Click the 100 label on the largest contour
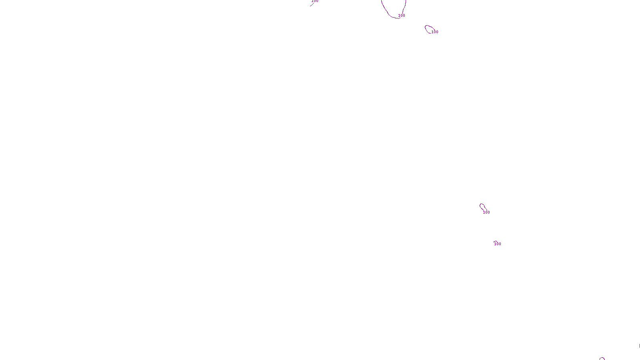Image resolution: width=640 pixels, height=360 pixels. pos(402,16)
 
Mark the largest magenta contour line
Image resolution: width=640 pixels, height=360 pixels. pos(384,9)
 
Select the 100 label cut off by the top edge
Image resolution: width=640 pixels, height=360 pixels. pos(315,1)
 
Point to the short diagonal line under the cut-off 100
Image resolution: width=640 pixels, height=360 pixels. pos(312,4)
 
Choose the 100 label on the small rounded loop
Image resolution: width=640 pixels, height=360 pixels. pos(435,32)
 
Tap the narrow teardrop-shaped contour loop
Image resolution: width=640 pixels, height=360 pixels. pos(482,206)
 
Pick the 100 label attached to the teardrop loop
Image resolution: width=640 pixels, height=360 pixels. pos(486,212)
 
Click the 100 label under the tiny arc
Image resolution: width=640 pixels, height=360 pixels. pos(498,244)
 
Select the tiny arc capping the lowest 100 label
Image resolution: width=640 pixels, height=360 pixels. pos(496,241)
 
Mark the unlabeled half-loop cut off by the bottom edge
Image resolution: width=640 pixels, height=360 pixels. pos(602,358)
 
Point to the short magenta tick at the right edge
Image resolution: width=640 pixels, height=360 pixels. pos(639,346)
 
